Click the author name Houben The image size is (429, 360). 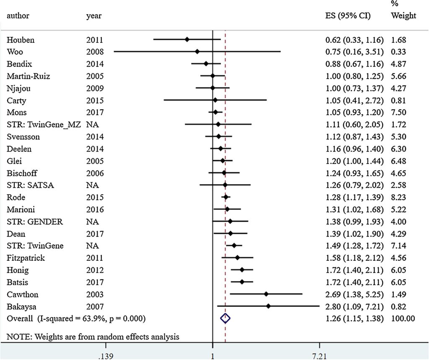(x=21, y=40)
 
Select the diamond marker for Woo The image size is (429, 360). (x=197, y=51)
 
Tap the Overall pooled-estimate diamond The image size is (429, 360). (x=225, y=319)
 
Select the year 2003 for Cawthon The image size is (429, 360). (x=95, y=294)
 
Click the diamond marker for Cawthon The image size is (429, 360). (x=266, y=294)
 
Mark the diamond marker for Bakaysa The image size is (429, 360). (x=268, y=306)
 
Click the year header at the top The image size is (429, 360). (x=94, y=16)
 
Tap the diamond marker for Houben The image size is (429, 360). (x=187, y=39)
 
